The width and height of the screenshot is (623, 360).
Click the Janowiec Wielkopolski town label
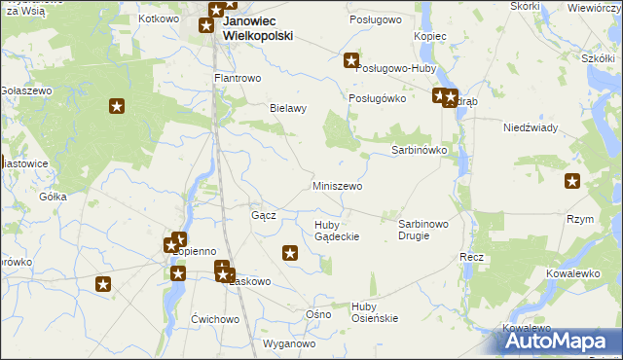click(x=258, y=27)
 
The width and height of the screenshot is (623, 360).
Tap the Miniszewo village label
click(x=338, y=186)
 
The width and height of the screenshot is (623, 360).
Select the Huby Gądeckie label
click(x=337, y=231)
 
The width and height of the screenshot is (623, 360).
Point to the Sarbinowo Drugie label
click(x=423, y=230)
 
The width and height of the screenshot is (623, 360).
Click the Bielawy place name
click(x=288, y=109)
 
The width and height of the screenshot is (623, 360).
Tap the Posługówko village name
click(x=377, y=99)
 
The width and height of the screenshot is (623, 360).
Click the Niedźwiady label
click(x=530, y=128)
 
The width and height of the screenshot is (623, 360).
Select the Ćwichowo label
click(x=215, y=319)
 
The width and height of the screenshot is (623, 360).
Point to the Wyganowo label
click(x=290, y=343)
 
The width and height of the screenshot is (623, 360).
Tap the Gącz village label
click(x=264, y=215)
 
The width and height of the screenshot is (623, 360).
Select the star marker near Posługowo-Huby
click(x=351, y=61)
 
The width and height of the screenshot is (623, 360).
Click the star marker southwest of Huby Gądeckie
click(x=290, y=254)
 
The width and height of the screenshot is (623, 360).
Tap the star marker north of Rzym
click(x=572, y=180)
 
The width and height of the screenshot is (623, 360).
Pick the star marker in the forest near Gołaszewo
click(x=117, y=106)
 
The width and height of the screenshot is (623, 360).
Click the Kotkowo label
click(x=160, y=18)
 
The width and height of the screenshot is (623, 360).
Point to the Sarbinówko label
click(x=419, y=151)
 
